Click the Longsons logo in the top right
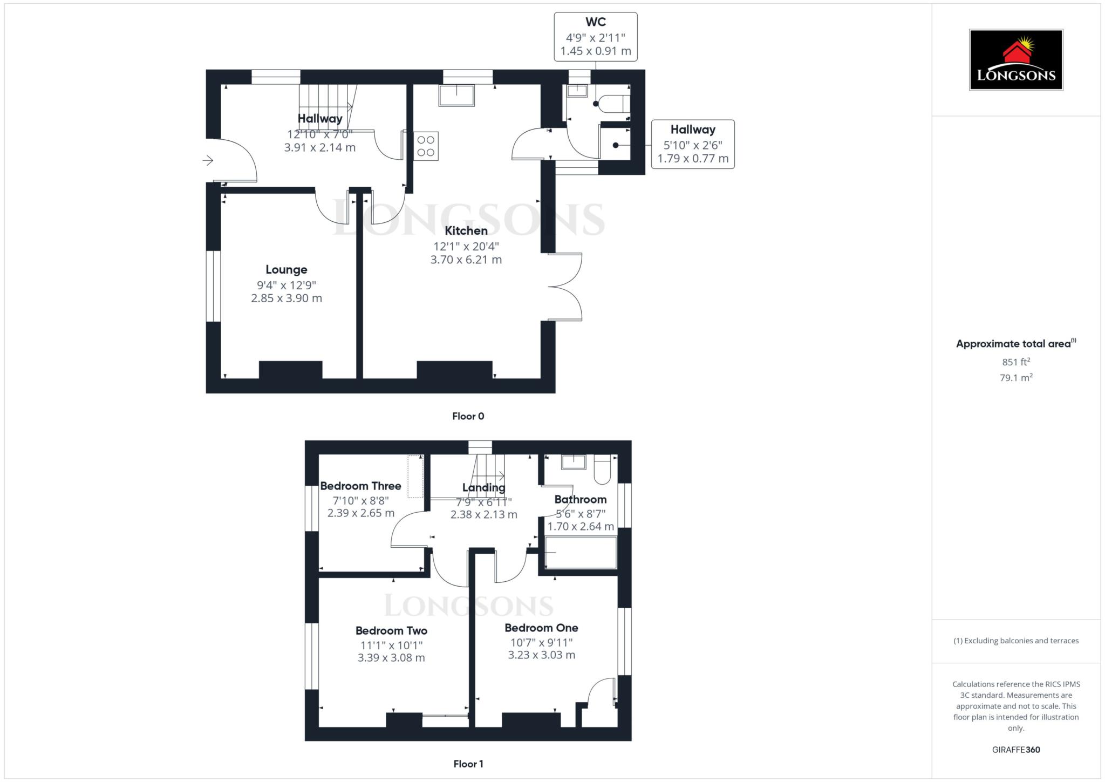(x=1015, y=60)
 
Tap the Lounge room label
(x=287, y=269)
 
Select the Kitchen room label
(x=466, y=231)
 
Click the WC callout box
(x=596, y=37)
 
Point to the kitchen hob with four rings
(x=426, y=146)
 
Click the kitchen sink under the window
(x=456, y=95)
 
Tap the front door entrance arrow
(x=208, y=160)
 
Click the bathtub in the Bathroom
(x=581, y=552)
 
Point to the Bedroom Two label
(x=391, y=630)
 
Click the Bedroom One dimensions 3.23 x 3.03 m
(x=541, y=655)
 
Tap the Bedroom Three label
(x=360, y=486)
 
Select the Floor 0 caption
(x=468, y=416)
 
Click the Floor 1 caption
(x=468, y=764)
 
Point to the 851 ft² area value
(x=1016, y=362)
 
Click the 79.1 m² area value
(x=1016, y=378)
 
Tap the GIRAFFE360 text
(x=1016, y=750)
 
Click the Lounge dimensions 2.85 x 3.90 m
(x=287, y=298)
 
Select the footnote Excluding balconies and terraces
(x=1016, y=641)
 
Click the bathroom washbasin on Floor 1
(x=574, y=462)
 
